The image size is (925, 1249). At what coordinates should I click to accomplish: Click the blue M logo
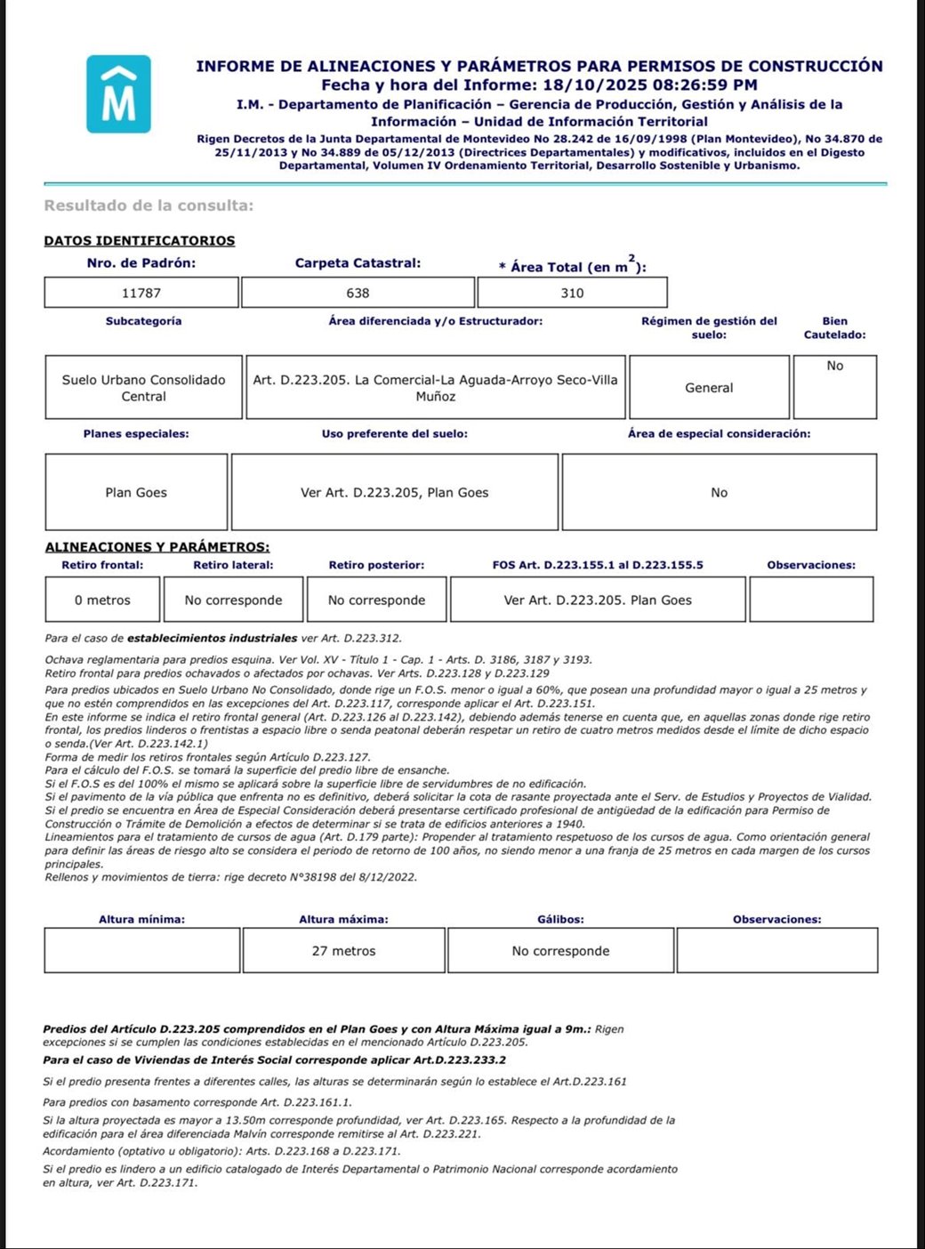tap(118, 94)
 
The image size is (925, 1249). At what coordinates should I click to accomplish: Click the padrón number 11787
tap(141, 293)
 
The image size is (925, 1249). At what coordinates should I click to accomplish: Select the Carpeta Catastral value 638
tap(358, 293)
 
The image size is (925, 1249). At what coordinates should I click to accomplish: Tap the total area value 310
tap(572, 293)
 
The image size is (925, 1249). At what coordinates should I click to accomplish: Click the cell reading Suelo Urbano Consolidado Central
tap(143, 388)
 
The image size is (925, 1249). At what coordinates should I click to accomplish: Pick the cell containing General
tap(709, 388)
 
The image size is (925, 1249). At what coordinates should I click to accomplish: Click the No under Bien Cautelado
tap(834, 366)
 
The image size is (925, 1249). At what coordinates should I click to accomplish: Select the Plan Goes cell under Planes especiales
tap(136, 492)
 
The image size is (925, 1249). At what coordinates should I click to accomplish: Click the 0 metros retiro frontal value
tap(102, 600)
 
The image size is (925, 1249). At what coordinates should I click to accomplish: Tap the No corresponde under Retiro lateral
tap(233, 600)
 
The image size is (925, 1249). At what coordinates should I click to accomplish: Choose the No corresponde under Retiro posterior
tap(376, 600)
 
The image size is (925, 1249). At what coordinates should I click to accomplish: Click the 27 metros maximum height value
tap(343, 951)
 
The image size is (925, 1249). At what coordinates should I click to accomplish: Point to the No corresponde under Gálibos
tap(560, 951)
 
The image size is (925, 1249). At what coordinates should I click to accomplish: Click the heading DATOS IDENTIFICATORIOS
tap(140, 241)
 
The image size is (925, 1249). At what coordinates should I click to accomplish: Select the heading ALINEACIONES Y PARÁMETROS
tap(157, 547)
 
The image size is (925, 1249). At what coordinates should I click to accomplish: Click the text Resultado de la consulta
tap(149, 205)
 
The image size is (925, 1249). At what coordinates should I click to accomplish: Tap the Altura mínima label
tap(141, 919)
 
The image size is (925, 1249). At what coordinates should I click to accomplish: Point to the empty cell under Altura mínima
tap(141, 951)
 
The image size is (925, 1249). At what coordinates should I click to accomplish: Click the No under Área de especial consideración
tap(719, 492)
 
